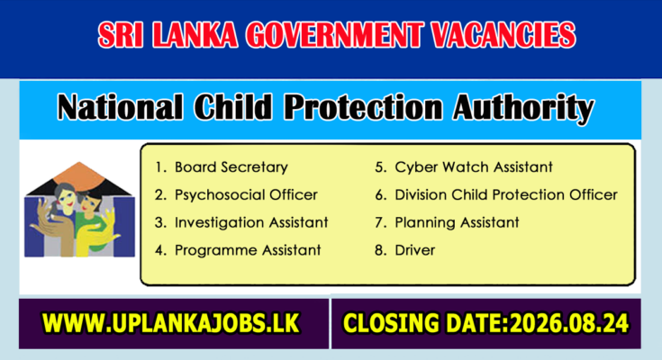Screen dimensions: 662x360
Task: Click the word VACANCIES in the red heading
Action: (x=503, y=34)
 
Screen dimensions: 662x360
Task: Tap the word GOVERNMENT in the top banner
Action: (x=334, y=34)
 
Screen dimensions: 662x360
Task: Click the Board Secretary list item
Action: (x=231, y=167)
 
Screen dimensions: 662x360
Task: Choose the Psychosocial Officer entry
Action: (x=246, y=195)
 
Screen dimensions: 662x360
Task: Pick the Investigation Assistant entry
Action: (x=251, y=222)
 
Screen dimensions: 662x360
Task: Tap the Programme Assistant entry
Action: (x=248, y=250)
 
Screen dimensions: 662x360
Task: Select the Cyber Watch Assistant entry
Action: (x=473, y=167)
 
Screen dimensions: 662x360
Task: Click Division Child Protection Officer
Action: (x=506, y=195)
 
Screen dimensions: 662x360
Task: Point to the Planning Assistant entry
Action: (x=457, y=223)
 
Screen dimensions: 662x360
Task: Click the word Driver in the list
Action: (x=414, y=250)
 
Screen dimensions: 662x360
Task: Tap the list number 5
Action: (x=380, y=167)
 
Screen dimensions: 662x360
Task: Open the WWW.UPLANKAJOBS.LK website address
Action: (x=170, y=323)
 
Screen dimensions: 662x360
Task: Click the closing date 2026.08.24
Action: (x=569, y=324)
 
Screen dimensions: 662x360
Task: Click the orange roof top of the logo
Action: (x=79, y=174)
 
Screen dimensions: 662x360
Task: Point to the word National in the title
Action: (x=121, y=107)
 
